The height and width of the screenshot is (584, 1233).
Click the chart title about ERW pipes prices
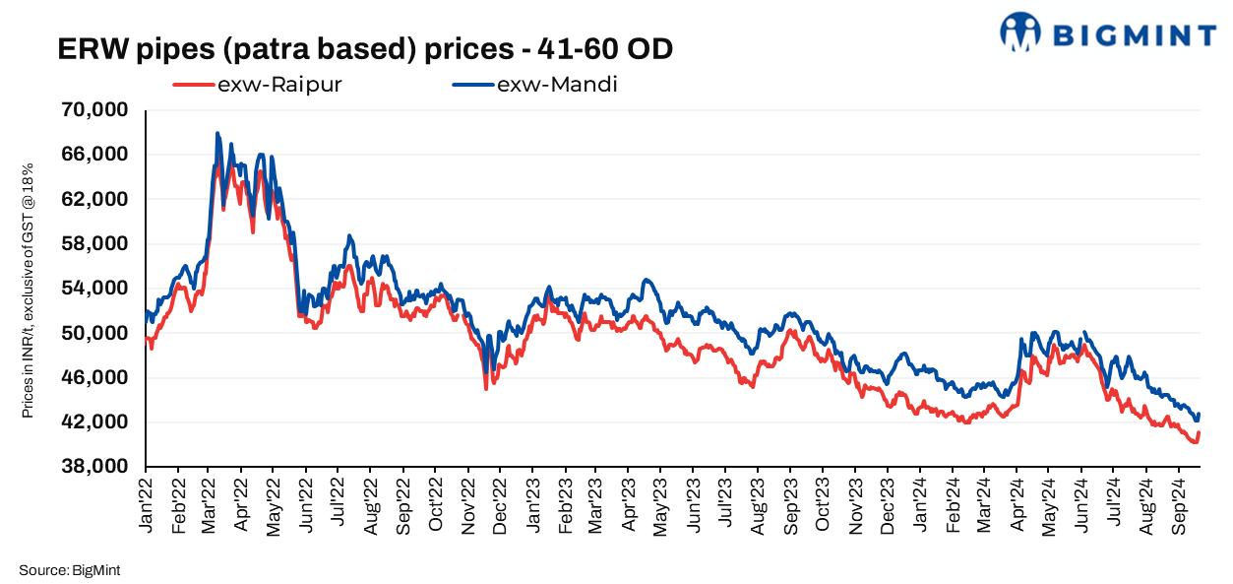[x=365, y=48]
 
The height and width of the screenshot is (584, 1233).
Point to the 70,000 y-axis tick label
[x=95, y=109]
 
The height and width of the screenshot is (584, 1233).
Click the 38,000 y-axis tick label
[x=95, y=467]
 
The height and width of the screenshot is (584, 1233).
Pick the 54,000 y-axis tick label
[x=95, y=289]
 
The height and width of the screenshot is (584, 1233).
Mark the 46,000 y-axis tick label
[x=95, y=378]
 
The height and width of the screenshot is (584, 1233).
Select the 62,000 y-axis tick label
[x=95, y=199]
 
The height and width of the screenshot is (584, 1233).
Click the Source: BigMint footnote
[x=69, y=570]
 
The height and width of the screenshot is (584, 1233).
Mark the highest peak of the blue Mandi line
[x=216, y=133]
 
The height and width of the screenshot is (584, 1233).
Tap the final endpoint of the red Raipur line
[x=1199, y=433]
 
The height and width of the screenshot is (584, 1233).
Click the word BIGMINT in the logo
[x=1134, y=36]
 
